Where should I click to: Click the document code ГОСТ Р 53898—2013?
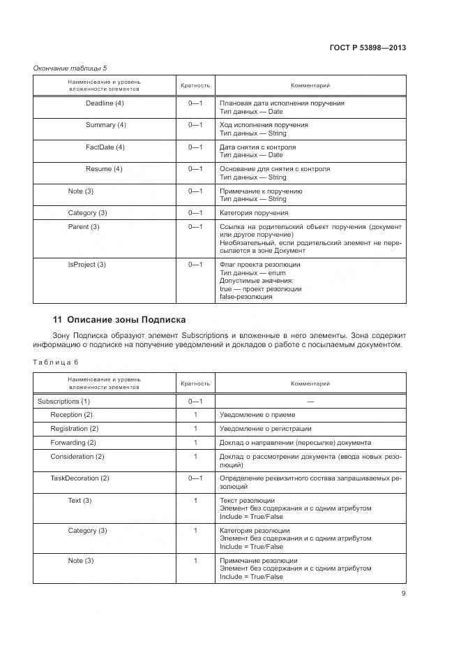[x=367, y=47]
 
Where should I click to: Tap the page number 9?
[x=403, y=594]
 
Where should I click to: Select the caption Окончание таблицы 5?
[x=70, y=68]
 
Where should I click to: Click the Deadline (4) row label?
[x=105, y=103]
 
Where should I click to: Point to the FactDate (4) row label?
[x=105, y=147]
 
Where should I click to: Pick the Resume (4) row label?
[x=104, y=169]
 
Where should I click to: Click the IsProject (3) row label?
[x=86, y=265]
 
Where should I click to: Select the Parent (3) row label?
[x=84, y=227]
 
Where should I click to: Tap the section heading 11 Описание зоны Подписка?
[x=119, y=319]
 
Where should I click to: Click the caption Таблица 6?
[x=56, y=362]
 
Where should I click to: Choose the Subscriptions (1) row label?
[x=63, y=402]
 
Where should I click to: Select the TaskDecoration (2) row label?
[x=80, y=478]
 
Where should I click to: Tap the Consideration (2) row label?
[x=77, y=457]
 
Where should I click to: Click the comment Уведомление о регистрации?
[x=265, y=429]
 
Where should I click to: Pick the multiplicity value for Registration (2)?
[x=195, y=429]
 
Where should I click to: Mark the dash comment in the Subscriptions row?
[x=310, y=402]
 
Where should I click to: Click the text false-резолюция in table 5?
[x=246, y=297]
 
